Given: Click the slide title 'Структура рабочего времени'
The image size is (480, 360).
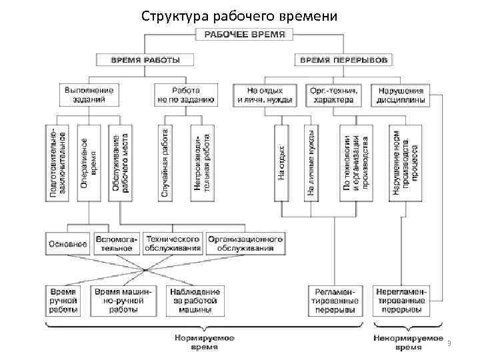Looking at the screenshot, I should click(x=240, y=15).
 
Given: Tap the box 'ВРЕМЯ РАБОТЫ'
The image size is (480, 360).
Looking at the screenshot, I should click(x=144, y=60).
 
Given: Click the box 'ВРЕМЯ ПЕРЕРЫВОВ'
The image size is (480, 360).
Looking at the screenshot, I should click(x=343, y=60).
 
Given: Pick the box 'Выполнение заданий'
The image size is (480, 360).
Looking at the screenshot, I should click(x=89, y=95).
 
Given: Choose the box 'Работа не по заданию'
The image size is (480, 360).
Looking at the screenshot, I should click(x=185, y=95).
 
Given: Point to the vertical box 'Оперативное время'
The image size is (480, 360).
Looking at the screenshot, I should click(x=88, y=163).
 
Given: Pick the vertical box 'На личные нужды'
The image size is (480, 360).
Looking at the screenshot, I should click(x=311, y=163).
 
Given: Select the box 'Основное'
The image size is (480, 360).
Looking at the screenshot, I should click(x=67, y=244).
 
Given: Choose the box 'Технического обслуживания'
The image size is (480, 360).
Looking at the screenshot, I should click(x=173, y=243).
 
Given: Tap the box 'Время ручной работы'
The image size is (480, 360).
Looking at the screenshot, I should click(x=64, y=301).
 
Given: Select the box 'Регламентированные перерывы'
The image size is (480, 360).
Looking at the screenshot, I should click(x=335, y=301).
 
